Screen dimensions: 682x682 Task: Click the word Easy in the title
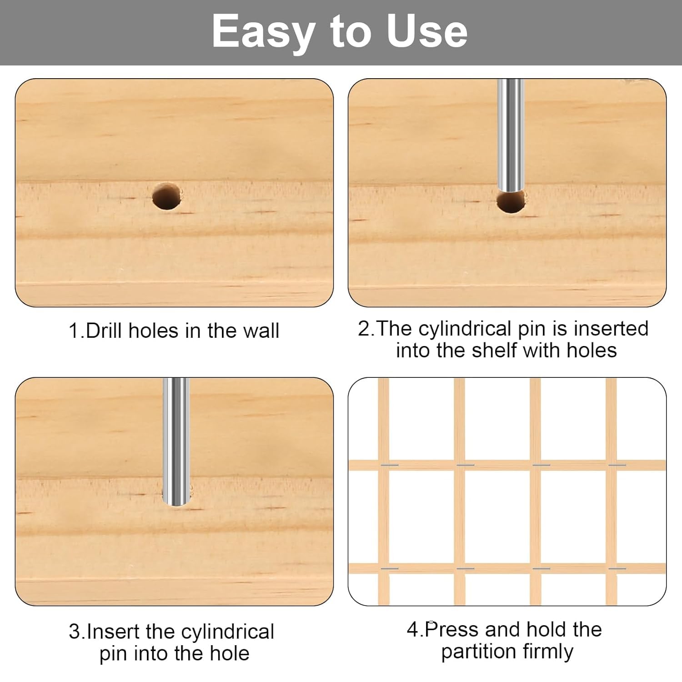pos(264,32)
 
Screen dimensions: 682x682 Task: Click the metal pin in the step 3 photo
pos(176,441)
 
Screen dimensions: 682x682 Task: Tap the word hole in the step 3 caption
pos(230,653)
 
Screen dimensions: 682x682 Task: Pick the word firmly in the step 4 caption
pos(548,652)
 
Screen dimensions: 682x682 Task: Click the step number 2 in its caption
pos(364,329)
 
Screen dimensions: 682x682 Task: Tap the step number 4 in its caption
pos(412,630)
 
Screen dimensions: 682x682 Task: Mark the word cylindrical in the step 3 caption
pos(227,632)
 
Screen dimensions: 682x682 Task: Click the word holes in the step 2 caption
pos(592,350)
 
